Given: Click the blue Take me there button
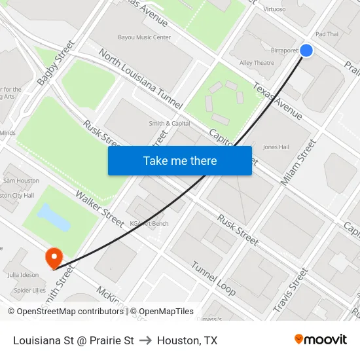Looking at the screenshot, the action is point(180,160).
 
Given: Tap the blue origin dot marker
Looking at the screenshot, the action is point(306,50).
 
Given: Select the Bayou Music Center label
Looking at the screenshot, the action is point(145,37).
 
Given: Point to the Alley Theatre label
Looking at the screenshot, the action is point(257,63).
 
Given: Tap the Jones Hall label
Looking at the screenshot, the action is point(276,147).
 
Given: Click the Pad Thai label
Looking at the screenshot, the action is point(327,34).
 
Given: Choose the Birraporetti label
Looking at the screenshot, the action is point(285,50).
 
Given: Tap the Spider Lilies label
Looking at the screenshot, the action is point(29,290).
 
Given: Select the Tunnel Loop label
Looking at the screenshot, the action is point(213,278).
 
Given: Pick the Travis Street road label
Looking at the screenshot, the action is point(290,289).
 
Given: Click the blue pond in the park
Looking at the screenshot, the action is point(54,217).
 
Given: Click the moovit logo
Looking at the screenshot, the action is point(320,340).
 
